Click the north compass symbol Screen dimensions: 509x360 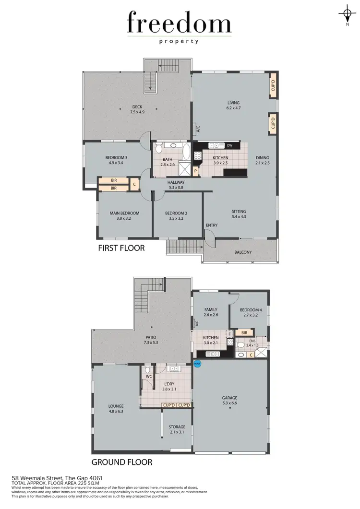[x=347, y=12]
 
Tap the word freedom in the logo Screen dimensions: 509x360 [x=179, y=23]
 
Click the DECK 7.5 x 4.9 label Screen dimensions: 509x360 [x=137, y=109]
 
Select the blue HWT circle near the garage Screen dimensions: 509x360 [x=197, y=364]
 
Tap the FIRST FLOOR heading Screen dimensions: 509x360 [x=121, y=248]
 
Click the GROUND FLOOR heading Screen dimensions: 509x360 [x=122, y=462]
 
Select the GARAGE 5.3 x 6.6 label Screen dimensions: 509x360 [x=229, y=401]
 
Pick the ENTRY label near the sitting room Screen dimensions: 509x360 [x=212, y=225]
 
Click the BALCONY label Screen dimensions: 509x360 [x=243, y=252]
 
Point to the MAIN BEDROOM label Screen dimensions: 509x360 [x=124, y=216]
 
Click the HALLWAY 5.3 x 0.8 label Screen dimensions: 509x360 [x=176, y=185]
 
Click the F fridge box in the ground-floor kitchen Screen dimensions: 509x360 [x=229, y=333]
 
